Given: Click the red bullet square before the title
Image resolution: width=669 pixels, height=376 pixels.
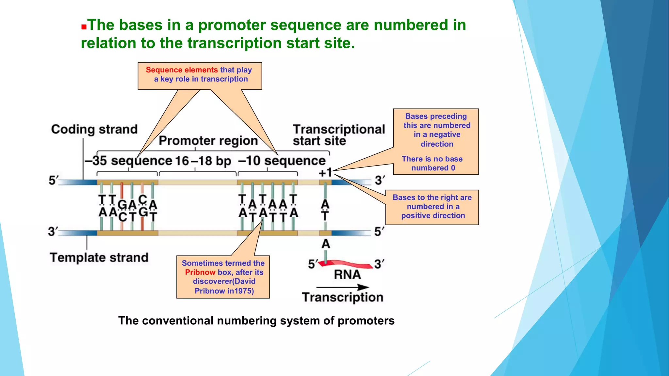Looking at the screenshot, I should click(84, 27).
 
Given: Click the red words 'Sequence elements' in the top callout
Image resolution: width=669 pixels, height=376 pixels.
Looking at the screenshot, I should click(182, 70).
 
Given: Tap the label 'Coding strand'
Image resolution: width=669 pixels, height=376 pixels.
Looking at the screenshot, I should click(94, 129).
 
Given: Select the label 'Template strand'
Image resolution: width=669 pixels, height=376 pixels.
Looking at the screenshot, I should click(99, 258).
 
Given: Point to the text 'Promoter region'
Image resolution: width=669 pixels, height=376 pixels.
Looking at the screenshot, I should click(208, 141).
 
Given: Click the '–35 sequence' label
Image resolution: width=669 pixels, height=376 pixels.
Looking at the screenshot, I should click(128, 161).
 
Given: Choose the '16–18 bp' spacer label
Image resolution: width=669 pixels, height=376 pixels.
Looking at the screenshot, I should click(203, 161).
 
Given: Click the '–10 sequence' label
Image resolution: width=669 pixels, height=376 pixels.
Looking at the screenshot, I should click(282, 161).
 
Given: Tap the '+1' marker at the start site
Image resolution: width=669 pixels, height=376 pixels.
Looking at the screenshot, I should click(325, 173).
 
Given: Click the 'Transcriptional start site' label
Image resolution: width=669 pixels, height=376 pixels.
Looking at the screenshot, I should click(338, 135).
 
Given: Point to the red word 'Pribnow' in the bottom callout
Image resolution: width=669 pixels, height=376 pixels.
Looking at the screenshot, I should click(200, 272).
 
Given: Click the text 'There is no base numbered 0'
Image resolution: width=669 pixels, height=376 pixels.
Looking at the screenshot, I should click(432, 163).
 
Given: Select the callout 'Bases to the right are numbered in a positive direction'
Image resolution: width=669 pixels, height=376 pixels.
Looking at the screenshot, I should click(432, 207).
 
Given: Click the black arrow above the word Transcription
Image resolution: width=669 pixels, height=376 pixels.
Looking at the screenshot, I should click(343, 287).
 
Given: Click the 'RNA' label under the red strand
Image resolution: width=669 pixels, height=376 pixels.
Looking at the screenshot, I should click(347, 275).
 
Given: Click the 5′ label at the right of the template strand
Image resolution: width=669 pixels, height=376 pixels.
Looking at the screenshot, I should click(379, 232).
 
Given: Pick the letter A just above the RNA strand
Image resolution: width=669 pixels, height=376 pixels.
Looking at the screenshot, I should click(325, 244).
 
